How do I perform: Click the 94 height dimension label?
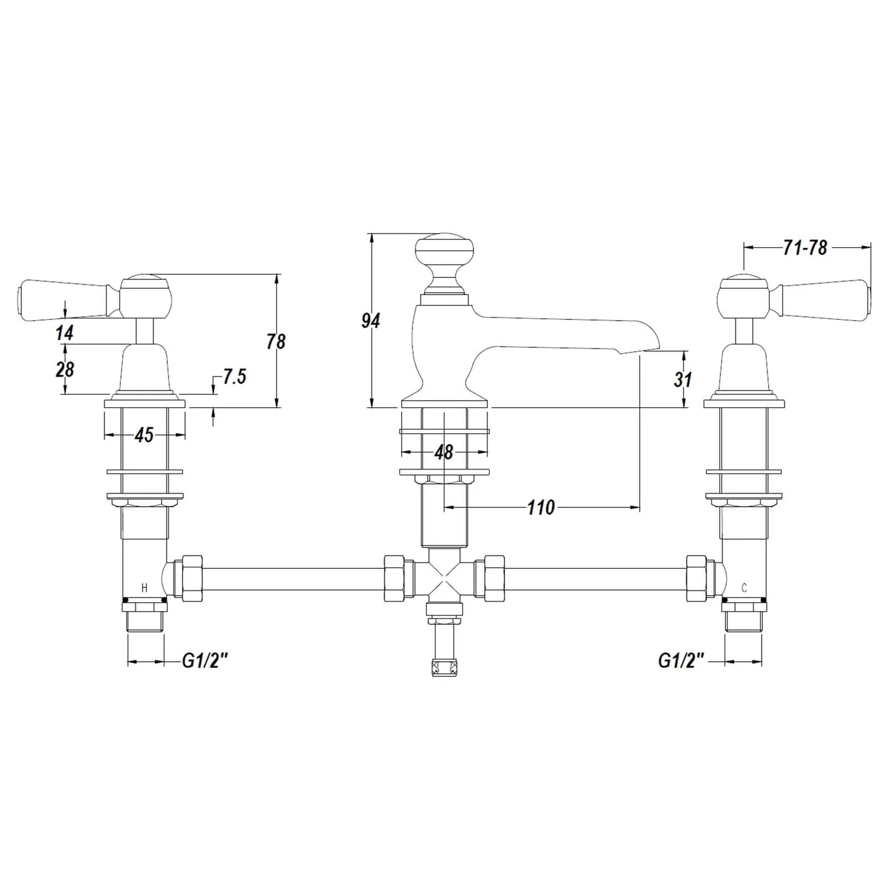pyautogui.click(x=370, y=321)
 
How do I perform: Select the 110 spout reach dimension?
pyautogui.click(x=541, y=507)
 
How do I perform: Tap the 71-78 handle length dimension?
pyautogui.click(x=804, y=248)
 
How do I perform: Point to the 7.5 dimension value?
pyautogui.click(x=234, y=376)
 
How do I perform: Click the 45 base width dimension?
pyautogui.click(x=144, y=435)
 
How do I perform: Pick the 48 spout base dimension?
pyautogui.click(x=443, y=452)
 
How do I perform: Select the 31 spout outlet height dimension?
pyautogui.click(x=682, y=379)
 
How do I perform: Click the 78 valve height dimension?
pyautogui.click(x=276, y=341)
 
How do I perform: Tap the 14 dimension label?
pyautogui.click(x=65, y=333)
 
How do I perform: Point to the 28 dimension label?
pyautogui.click(x=65, y=370)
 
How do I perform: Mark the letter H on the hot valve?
pyautogui.click(x=144, y=588)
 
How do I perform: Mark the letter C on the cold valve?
pyautogui.click(x=744, y=588)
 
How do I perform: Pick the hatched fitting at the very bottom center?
pyautogui.click(x=444, y=667)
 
